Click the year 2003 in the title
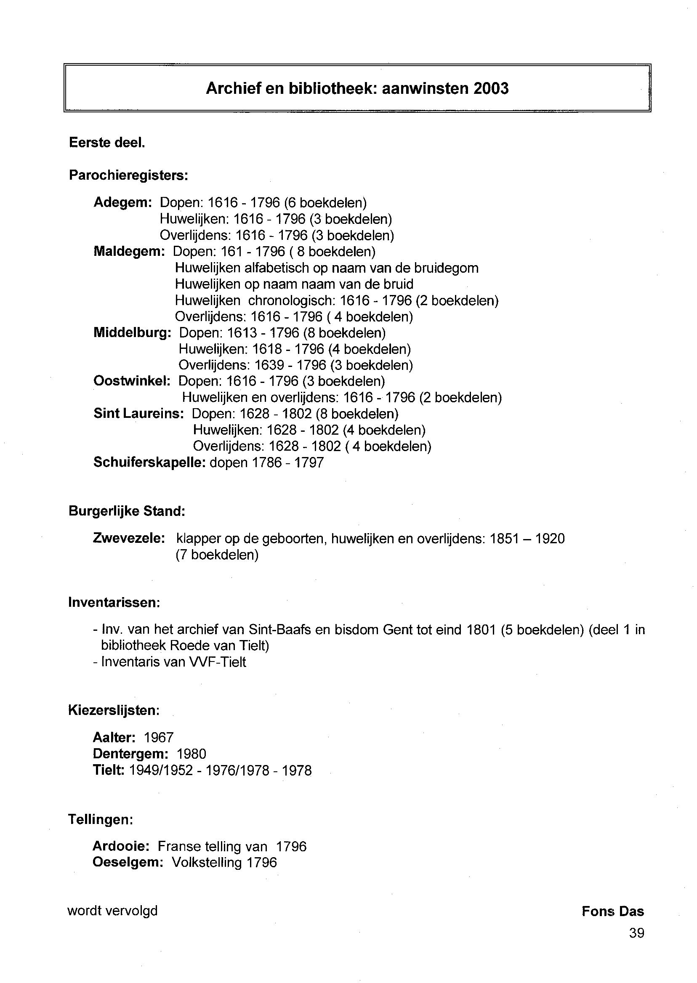[x=491, y=88]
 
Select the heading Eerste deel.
[x=107, y=143]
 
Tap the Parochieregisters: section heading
[x=128, y=175]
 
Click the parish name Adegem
[x=122, y=202]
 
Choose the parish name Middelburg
[x=132, y=332]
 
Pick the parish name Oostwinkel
[x=132, y=381]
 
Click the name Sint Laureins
[x=138, y=414]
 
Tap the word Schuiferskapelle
[x=149, y=462]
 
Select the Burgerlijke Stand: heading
[x=127, y=511]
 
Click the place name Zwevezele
[x=128, y=538]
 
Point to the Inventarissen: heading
[x=114, y=603]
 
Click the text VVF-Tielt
[x=217, y=662]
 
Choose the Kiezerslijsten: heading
[x=114, y=711]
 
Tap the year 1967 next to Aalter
[x=158, y=738]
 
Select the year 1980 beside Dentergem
[x=192, y=754]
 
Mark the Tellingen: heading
[x=101, y=820]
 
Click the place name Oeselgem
[x=128, y=862]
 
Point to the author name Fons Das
[x=612, y=911]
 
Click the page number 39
[x=636, y=933]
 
